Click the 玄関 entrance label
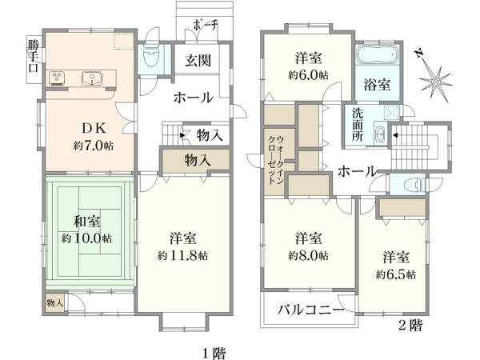click(198, 60)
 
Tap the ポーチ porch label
click(205, 26)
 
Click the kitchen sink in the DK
click(92, 78)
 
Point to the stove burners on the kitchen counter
click(57, 78)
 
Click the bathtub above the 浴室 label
click(378, 54)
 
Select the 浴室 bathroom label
click(377, 85)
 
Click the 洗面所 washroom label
click(358, 125)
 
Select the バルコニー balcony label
click(311, 310)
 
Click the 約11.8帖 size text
click(182, 255)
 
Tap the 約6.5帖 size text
click(396, 274)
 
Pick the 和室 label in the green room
click(87, 221)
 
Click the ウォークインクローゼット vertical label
click(276, 160)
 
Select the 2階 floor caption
click(410, 325)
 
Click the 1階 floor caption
click(214, 353)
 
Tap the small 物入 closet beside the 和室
click(55, 303)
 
